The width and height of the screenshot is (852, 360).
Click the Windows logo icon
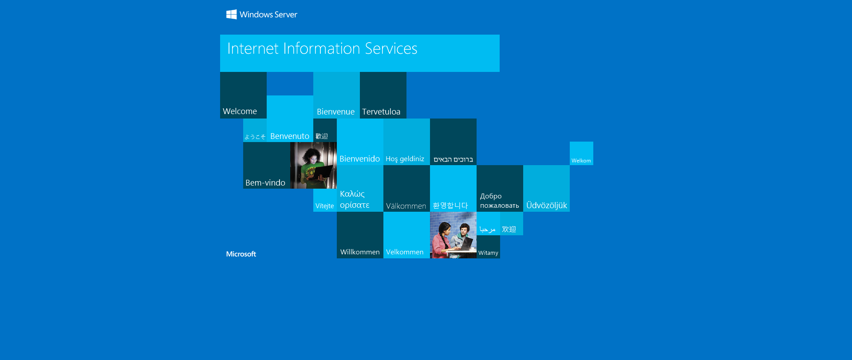(x=231, y=15)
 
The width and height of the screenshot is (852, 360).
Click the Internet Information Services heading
(x=322, y=48)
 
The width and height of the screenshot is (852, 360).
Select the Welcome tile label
(x=240, y=111)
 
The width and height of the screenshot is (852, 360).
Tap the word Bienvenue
(x=335, y=112)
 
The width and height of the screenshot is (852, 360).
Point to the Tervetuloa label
(x=381, y=112)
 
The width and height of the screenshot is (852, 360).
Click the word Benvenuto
(x=290, y=136)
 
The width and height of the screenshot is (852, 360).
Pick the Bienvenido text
(x=359, y=159)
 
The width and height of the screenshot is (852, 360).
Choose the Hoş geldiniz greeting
(x=405, y=159)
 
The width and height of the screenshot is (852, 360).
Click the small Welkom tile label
(x=581, y=161)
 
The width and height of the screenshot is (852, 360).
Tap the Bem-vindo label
(x=265, y=183)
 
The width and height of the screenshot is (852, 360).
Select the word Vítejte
(x=324, y=206)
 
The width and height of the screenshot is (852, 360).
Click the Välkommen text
(x=406, y=206)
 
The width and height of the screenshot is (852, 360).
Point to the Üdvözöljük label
(x=547, y=206)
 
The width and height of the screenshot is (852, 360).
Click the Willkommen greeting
(x=360, y=252)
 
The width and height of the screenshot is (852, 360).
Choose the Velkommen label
(x=405, y=252)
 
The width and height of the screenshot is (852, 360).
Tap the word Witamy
(x=488, y=253)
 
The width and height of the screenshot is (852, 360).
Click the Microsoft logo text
(x=241, y=254)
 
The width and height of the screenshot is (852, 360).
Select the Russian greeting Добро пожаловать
(x=499, y=201)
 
